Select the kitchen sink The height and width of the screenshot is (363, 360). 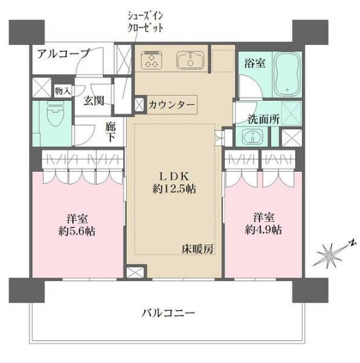pos(192,61)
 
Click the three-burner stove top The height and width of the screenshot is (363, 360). pos(152,60)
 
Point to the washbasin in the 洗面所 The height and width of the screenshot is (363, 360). pos(252,138)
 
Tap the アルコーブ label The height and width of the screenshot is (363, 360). pos(59,54)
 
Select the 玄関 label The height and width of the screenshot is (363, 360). pos(94,102)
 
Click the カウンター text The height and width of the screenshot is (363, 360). pos(172,105)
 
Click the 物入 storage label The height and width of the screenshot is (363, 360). pos(60,91)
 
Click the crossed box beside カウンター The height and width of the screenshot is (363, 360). pos(139,104)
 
